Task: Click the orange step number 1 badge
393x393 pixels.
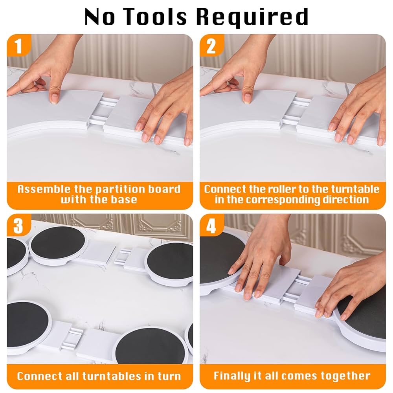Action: click(18, 46)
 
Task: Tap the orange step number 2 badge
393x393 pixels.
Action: click(211, 46)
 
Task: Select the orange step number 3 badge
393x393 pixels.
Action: click(18, 226)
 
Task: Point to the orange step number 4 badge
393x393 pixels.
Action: click(211, 226)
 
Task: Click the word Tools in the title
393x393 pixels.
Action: click(156, 17)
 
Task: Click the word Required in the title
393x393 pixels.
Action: click(252, 18)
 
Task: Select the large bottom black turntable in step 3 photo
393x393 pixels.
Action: click(150, 346)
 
